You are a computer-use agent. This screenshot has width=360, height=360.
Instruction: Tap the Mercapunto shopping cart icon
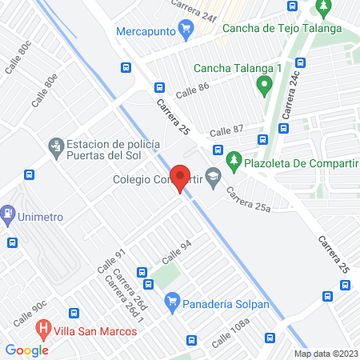(186, 31)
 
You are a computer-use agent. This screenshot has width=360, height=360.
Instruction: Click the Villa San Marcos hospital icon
(45, 328)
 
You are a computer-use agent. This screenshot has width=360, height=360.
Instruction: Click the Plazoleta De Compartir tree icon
(234, 159)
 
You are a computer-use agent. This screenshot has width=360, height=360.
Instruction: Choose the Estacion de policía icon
(55, 146)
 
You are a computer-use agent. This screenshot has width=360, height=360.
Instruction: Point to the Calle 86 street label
(193, 90)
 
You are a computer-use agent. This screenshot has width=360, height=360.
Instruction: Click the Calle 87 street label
(226, 130)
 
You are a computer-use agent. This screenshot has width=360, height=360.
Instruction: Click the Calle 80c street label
(18, 58)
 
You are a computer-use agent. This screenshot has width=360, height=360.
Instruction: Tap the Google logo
(26, 350)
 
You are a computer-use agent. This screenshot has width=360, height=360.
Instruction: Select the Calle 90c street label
(51, 308)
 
